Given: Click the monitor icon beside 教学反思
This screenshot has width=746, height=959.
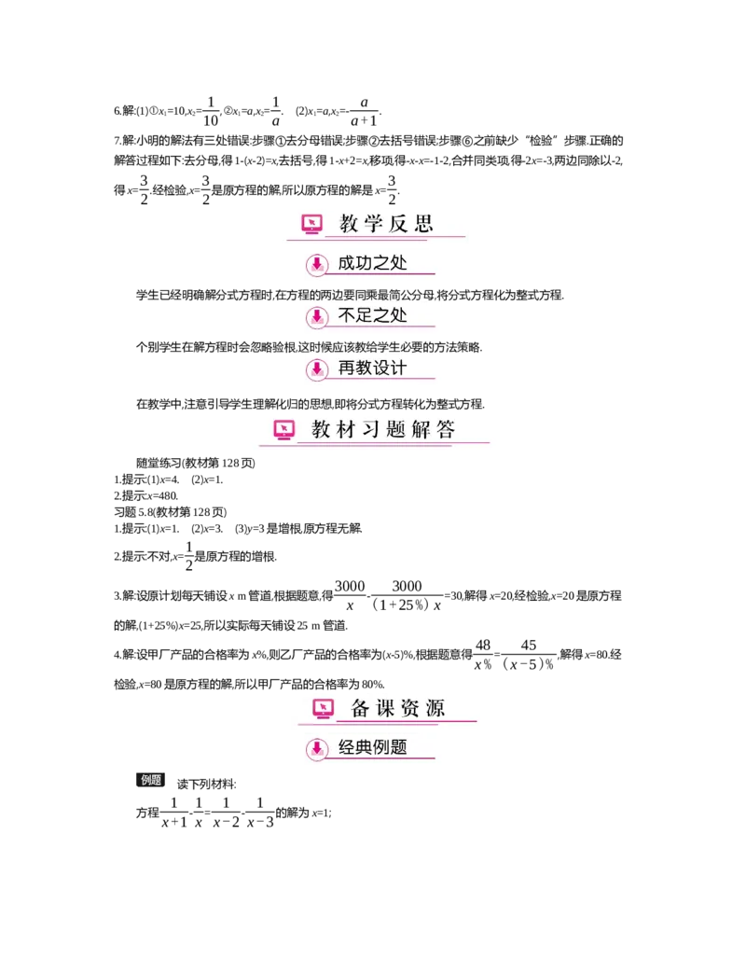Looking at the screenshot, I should coord(312,224).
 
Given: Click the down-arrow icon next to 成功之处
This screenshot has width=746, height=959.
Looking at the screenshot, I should coord(317,264).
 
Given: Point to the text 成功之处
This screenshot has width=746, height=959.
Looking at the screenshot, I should coord(373,264).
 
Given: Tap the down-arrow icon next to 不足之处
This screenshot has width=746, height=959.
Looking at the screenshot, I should coord(317,316).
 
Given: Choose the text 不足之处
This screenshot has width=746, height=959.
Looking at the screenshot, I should coord(373,316).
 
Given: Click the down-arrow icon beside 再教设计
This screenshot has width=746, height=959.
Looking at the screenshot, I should coord(317,368).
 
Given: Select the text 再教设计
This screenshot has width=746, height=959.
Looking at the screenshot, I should coord(373,368).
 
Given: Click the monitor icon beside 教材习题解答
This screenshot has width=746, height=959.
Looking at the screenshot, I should coord(284,429).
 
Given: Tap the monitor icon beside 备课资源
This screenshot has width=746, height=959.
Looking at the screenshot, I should coord(323,708).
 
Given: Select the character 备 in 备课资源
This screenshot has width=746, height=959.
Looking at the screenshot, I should coord(361,708).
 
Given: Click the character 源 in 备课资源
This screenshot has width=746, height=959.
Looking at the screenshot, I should coord(435,708).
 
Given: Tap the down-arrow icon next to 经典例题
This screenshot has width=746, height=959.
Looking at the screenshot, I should coord(317,748).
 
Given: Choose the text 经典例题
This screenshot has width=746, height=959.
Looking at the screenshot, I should coord(373,748).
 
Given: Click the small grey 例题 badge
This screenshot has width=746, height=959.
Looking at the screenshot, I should coord(152,780).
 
